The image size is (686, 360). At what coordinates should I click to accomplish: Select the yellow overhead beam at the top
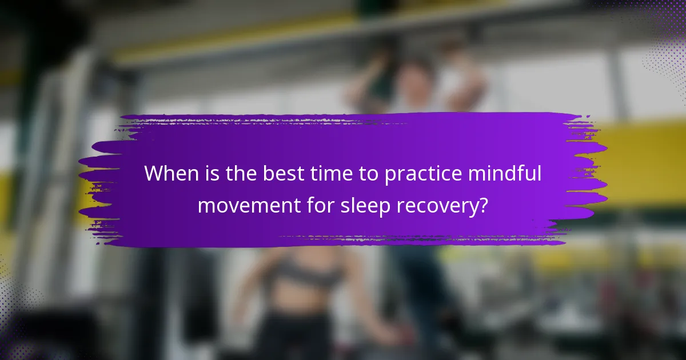pos(229,43)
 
